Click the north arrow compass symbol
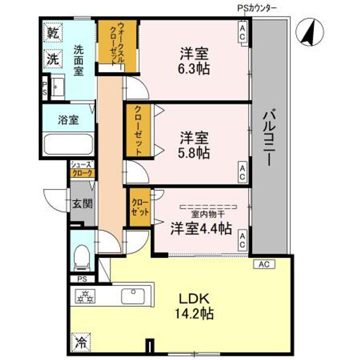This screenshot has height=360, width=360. (307, 31)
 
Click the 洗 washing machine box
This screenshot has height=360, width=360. (52, 58)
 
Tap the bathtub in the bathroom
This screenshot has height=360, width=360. (68, 144)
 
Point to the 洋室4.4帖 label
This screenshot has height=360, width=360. (201, 228)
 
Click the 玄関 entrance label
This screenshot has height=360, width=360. (82, 203)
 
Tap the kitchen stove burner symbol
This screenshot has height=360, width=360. (84, 297)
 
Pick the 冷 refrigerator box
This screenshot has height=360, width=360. (80, 342)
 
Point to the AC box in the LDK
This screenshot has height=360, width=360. (263, 263)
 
